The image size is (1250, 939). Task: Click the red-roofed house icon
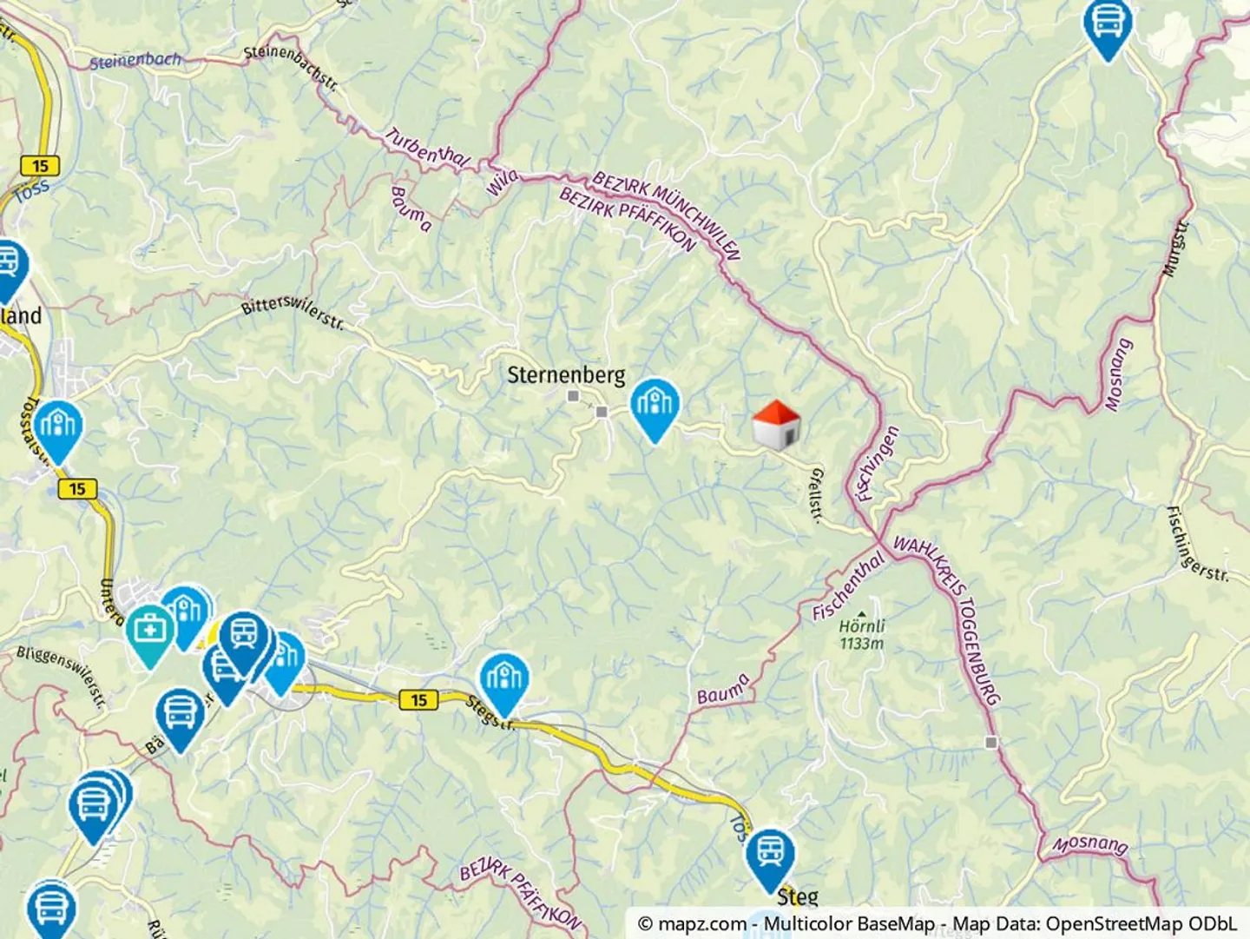pyautogui.click(x=775, y=425)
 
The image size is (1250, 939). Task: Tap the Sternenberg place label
pyautogui.click(x=566, y=375)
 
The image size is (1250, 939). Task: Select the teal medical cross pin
pyautogui.click(x=150, y=633)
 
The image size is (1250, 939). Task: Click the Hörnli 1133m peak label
pyautogui.click(x=862, y=634)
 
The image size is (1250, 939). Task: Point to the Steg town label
pyautogui.click(x=797, y=896)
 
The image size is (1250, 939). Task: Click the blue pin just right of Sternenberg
pyautogui.click(x=655, y=407)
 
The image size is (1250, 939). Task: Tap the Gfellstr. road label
pyautogui.click(x=816, y=495)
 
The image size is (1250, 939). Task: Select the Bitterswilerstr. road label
pyautogui.click(x=293, y=312)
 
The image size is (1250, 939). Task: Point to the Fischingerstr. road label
pyautogui.click(x=1198, y=545)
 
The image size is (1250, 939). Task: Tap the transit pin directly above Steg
pyautogui.click(x=769, y=856)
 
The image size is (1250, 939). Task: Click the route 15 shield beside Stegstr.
pyautogui.click(x=418, y=699)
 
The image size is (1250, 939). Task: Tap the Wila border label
pyautogui.click(x=502, y=182)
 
